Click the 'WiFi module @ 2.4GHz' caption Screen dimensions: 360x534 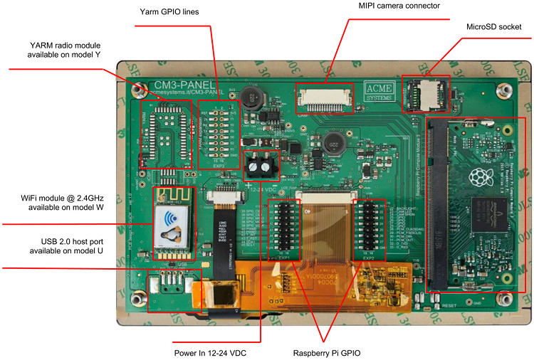(x=64, y=201)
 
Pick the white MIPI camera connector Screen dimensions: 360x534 (x=325, y=98)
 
